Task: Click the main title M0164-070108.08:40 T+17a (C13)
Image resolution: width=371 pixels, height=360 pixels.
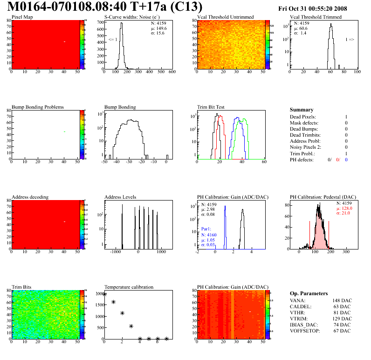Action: coord(105,7)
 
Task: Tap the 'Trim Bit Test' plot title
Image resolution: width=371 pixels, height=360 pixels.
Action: coord(211,107)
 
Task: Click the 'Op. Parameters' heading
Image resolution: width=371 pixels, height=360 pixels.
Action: coord(309,294)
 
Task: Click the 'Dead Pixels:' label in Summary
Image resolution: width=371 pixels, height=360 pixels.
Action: coord(303,117)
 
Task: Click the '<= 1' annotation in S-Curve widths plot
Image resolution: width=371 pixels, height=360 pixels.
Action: coord(113,40)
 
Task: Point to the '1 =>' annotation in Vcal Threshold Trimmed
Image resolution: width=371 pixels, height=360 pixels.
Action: coord(350,40)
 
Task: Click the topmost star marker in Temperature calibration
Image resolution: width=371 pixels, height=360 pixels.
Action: coord(104,294)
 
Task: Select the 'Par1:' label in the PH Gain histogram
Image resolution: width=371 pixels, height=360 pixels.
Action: coord(207,229)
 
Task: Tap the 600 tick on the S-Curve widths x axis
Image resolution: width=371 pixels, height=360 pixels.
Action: coord(172,72)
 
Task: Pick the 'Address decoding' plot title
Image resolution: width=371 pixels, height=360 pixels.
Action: coord(30,197)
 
